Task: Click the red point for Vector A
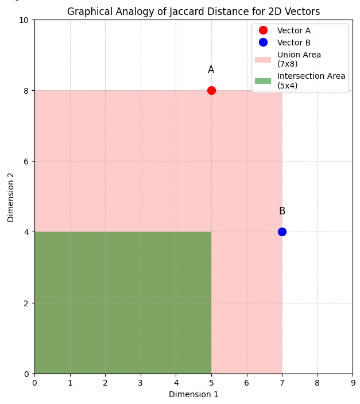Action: [211, 90]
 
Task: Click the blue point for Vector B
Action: [282, 232]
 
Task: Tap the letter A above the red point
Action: [211, 70]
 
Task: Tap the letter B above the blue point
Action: [282, 211]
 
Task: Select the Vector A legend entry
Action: [293, 30]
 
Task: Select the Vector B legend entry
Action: [293, 43]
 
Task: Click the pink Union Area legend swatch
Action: [263, 59]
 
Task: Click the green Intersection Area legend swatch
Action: [263, 80]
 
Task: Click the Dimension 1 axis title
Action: [193, 394]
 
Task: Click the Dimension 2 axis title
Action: [11, 197]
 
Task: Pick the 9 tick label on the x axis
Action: [353, 383]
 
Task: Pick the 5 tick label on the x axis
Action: [211, 383]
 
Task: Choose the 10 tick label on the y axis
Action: [24, 20]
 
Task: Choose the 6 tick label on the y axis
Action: [26, 161]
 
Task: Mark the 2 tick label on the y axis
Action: [26, 303]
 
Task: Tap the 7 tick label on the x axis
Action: [282, 383]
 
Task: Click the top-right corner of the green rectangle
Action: [211, 232]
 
